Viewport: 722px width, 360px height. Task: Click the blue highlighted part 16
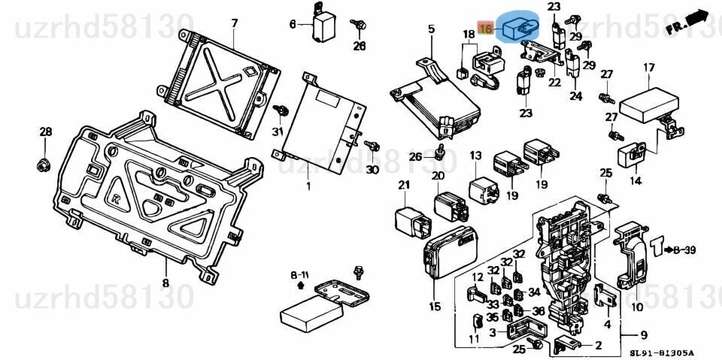tap(520, 28)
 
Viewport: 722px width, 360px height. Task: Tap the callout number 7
tap(234, 23)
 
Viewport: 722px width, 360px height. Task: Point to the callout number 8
tap(165, 283)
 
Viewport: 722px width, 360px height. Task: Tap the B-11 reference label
tap(299, 275)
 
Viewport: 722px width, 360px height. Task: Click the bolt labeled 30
tap(369, 145)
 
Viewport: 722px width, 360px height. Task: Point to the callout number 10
tap(636, 307)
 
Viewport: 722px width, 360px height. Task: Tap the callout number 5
tap(432, 29)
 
